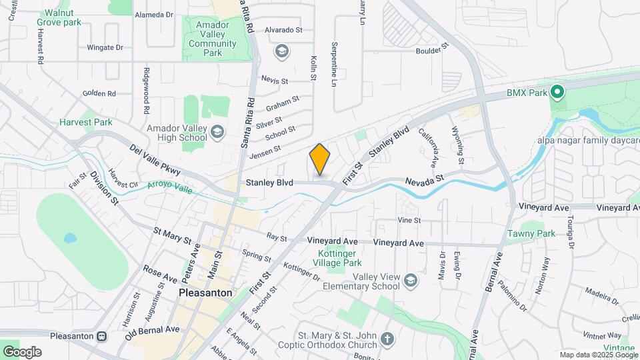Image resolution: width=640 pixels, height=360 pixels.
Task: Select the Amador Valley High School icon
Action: click(217, 133)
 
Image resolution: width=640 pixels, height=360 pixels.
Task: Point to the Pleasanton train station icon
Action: click(103, 336)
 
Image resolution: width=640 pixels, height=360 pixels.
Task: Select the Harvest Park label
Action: click(85, 123)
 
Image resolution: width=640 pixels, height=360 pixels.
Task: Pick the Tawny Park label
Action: click(531, 234)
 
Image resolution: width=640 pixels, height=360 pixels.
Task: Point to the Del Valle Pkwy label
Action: click(155, 159)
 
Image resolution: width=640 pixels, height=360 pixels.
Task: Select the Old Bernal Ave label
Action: click(152, 331)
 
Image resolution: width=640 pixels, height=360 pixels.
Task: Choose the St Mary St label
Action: click(172, 235)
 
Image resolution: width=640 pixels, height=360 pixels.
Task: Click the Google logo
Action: click(21, 352)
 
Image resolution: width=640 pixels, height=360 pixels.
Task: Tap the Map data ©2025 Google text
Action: click(598, 355)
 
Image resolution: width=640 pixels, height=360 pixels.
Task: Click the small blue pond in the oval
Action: click(69, 238)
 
